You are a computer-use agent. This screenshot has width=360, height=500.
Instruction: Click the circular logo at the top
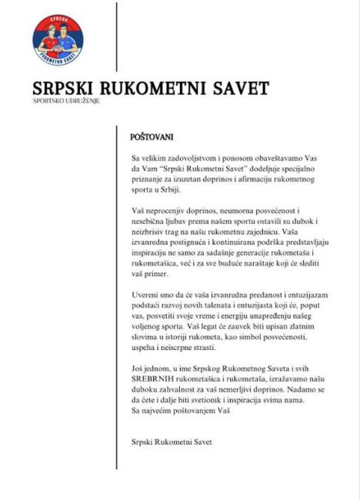click(x=58, y=39)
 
